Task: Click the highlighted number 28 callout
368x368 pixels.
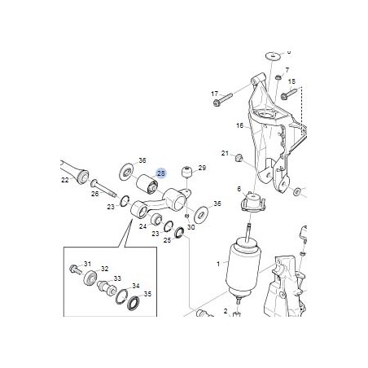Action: tap(161, 173)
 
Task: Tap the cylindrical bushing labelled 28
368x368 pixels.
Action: tap(147, 184)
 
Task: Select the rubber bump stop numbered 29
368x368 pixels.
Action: tap(186, 172)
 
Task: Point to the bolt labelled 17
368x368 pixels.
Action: tap(223, 99)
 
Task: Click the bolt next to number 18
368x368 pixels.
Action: tap(291, 92)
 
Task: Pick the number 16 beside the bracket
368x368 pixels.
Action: tap(239, 125)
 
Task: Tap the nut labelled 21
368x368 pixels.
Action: tap(239, 156)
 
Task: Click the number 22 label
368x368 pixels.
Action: tap(65, 180)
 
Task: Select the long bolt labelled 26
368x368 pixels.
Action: tap(103, 187)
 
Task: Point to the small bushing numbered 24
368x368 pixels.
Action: tap(156, 219)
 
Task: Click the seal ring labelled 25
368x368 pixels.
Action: tap(179, 233)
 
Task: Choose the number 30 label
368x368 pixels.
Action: tap(191, 227)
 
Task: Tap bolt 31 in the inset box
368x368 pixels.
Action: tap(75, 269)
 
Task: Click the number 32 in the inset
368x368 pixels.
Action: tap(105, 269)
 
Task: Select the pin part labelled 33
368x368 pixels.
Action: tap(107, 288)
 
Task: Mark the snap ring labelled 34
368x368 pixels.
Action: tap(121, 296)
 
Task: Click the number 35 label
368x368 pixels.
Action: tap(147, 294)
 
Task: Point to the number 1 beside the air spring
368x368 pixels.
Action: tap(218, 264)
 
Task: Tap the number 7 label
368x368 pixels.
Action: tap(287, 70)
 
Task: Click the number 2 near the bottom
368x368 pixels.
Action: tap(226, 311)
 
